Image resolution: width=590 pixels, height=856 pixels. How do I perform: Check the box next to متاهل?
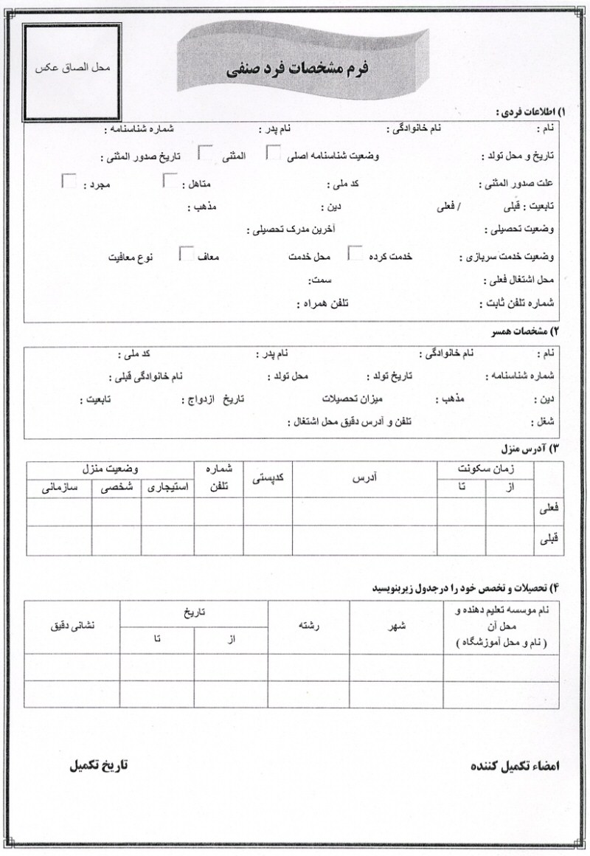point(170,182)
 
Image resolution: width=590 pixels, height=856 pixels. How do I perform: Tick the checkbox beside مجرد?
point(69,182)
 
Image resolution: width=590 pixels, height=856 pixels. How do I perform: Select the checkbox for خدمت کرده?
point(355,255)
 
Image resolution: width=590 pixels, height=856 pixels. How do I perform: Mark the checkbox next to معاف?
point(187,255)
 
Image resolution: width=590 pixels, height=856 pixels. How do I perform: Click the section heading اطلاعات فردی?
point(529,112)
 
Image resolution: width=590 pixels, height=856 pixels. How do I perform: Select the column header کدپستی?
point(268,479)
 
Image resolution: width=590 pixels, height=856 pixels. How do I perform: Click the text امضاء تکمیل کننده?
point(515,766)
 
